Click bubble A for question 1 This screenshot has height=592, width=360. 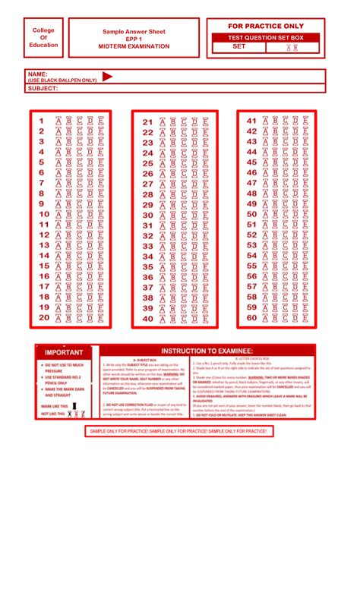58,121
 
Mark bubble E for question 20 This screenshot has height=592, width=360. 101,318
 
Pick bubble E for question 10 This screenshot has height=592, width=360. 101,214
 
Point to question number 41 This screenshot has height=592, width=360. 251,121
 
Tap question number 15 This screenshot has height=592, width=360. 43,266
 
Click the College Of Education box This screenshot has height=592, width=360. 44,38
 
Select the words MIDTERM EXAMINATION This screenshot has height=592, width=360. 134,46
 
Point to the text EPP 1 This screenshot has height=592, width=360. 134,39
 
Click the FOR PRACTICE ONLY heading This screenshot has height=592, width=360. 266,26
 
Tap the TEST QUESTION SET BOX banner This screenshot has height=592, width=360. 266,37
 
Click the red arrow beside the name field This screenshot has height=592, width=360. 107,76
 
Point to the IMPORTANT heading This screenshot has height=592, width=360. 64,352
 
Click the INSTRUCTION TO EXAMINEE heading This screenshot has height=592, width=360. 206,351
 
